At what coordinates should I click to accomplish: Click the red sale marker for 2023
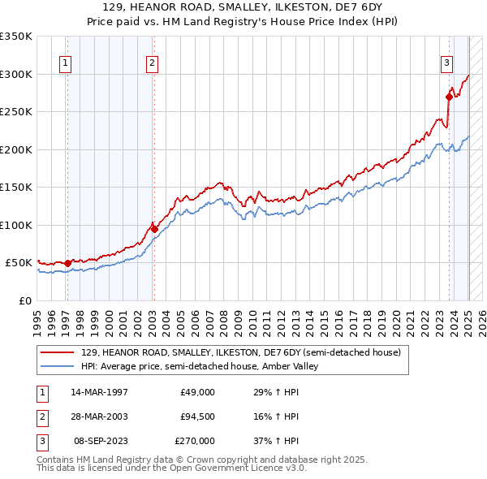449,97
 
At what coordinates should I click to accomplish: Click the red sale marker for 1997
67,263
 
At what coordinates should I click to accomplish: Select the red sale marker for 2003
154,229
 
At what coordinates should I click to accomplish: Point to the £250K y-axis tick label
16,112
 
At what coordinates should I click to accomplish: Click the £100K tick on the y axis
16,225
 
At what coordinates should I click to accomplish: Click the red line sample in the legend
58,353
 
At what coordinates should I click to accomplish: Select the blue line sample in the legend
58,366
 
